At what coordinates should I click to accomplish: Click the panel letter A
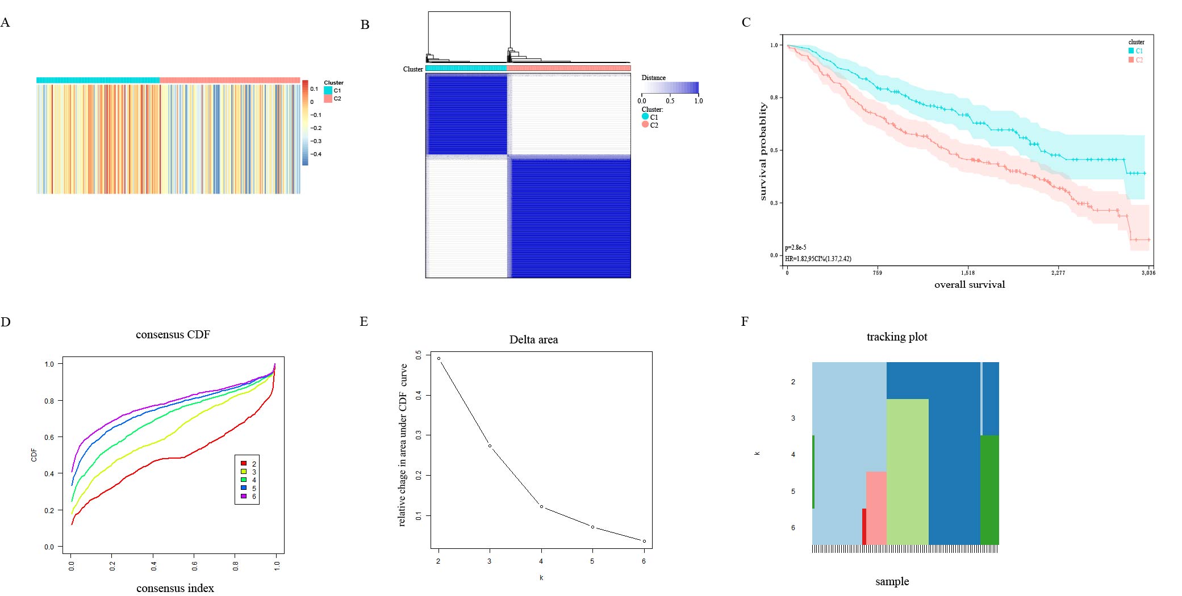pyautogui.click(x=5, y=23)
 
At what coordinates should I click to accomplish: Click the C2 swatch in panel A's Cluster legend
pyautogui.click(x=328, y=99)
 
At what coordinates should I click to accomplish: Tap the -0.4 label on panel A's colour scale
pyautogui.click(x=316, y=154)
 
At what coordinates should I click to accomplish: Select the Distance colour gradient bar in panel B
pyautogui.click(x=670, y=87)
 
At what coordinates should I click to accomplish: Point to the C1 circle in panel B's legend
pyautogui.click(x=645, y=116)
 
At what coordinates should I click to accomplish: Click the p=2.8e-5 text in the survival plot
pyautogui.click(x=795, y=247)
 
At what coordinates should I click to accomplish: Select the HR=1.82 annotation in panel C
pyautogui.click(x=818, y=259)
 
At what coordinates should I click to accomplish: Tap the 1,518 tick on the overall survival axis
pyautogui.click(x=968, y=273)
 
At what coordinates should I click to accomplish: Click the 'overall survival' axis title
pyautogui.click(x=970, y=285)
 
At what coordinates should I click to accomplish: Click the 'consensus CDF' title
pyautogui.click(x=173, y=335)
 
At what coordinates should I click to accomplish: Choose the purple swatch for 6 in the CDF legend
pyautogui.click(x=244, y=496)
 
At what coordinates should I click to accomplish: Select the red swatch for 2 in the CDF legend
pyautogui.click(x=244, y=464)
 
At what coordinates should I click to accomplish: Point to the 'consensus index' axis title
pyautogui.click(x=175, y=589)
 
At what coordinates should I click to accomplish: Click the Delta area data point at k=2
pyautogui.click(x=438, y=359)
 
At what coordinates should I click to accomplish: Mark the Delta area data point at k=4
pyautogui.click(x=541, y=506)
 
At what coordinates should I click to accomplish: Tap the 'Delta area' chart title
pyautogui.click(x=533, y=340)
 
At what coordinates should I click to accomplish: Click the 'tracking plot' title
pyautogui.click(x=896, y=337)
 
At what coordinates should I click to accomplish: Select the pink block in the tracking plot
pyautogui.click(x=876, y=507)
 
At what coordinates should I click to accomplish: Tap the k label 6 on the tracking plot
pyautogui.click(x=793, y=528)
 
